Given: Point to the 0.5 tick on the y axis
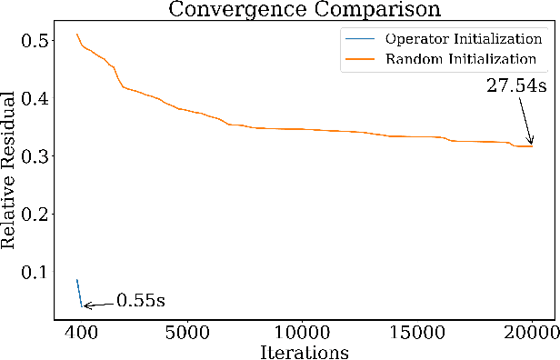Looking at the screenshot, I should click(40, 40).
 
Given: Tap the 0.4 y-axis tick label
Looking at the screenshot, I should click(40, 98).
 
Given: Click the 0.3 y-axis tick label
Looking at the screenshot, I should click(40, 155).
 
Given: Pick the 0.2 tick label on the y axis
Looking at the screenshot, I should click(40, 214).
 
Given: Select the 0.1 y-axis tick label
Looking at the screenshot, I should click(40, 271).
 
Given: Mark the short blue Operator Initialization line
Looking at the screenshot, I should click(79, 293).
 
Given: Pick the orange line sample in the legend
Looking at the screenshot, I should click(360, 60).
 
